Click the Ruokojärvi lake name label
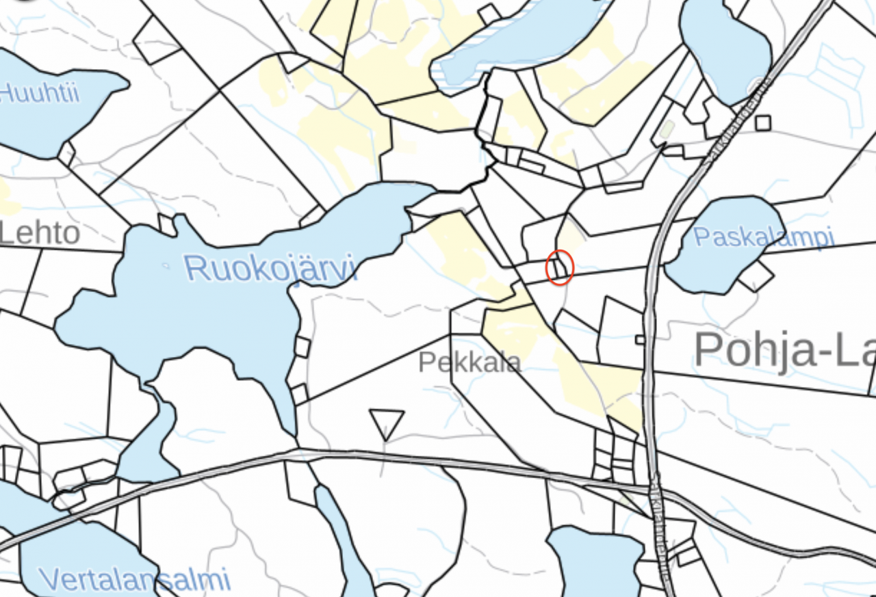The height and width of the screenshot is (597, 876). coord(270,267)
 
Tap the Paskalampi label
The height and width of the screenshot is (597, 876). coord(764,237)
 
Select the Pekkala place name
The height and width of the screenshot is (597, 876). coord(469,362)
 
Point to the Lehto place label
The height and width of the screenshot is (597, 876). coord(40,234)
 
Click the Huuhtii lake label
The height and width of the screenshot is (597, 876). coord(40,92)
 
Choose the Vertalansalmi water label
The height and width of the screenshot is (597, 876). coord(134,580)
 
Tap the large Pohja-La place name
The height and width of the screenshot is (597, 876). coord(784,349)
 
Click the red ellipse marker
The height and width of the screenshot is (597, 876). coord(559,267)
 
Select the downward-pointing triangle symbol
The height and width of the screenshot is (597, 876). coord(387,423)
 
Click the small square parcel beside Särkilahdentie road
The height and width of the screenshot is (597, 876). coord(763,123)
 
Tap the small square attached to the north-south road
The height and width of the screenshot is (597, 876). coord(640,340)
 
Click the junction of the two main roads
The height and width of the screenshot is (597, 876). coord(654,490)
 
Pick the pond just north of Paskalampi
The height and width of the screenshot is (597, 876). coord(725,51)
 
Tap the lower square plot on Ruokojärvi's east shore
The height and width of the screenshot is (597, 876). coord(299,395)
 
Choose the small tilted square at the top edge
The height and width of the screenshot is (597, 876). coord(489,14)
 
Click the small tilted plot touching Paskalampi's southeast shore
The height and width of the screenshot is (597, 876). coord(756,276)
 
